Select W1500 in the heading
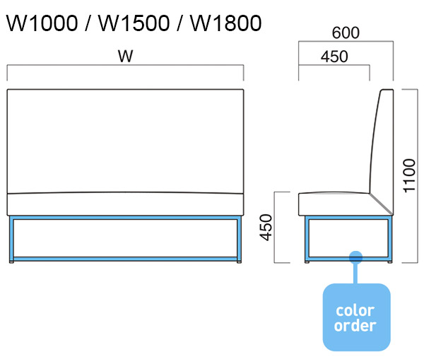click(x=135, y=23)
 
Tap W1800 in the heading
click(x=226, y=23)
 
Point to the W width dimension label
click(x=125, y=57)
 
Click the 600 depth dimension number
click(x=346, y=33)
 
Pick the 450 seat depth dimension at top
click(x=334, y=57)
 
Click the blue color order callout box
click(x=356, y=317)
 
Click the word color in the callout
click(x=355, y=310)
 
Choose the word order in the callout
click(x=355, y=326)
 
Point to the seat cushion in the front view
click(x=125, y=204)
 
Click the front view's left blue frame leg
click(x=12, y=239)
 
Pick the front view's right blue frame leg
click(x=240, y=239)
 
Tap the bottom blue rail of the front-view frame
click(x=126, y=259)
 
